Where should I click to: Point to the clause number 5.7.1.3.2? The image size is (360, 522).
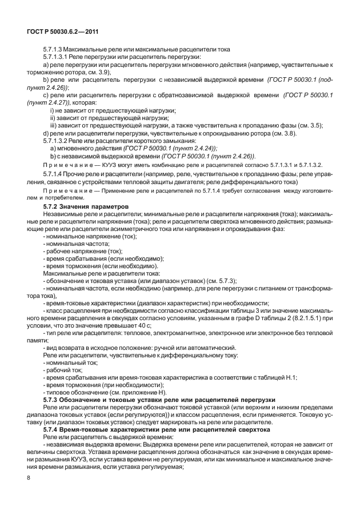[x=57, y=140]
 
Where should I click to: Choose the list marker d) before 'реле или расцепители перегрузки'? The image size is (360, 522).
[x=46, y=133]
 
